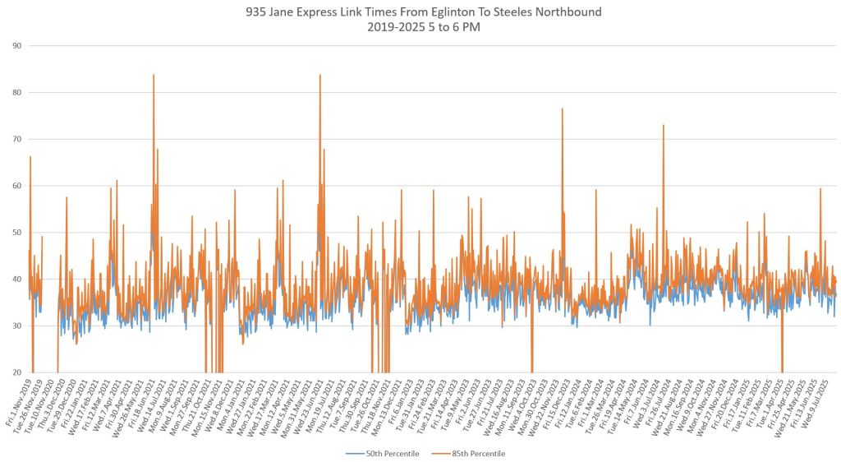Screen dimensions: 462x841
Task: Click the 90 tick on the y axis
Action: tap(16, 45)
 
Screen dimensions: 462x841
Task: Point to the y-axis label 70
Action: tap(16, 139)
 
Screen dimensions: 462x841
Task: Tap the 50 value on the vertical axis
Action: tap(16, 233)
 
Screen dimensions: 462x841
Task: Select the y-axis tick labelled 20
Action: tap(16, 372)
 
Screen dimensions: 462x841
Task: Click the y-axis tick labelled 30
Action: tap(16, 326)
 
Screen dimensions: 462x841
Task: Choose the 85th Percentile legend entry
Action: tap(475, 453)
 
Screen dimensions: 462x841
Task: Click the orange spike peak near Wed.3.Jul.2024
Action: tap(663, 125)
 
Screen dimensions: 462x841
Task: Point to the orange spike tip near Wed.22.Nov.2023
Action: tap(562, 109)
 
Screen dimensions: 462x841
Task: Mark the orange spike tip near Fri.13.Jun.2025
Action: tap(820, 189)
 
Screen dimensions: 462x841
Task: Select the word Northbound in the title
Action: tap(572, 12)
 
